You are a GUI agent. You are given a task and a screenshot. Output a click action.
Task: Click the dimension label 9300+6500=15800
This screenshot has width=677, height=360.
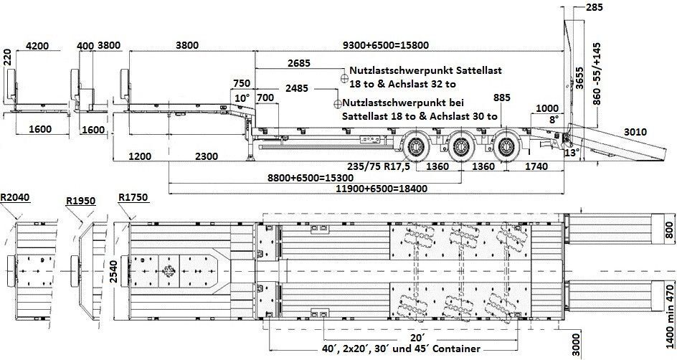coord(386,45)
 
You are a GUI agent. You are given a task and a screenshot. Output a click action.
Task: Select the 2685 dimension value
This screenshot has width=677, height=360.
coord(299,63)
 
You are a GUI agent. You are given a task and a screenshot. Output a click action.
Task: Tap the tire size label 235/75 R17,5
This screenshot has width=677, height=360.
coord(379,166)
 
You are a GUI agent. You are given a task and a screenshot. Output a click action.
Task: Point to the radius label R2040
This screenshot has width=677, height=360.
coord(15,197)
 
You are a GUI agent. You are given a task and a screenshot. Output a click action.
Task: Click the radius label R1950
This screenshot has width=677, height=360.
coord(81,201)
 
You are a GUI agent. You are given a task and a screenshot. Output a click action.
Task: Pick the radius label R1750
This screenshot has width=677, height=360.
coord(133,197)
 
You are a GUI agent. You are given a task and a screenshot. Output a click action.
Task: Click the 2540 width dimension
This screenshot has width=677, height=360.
coord(113,272)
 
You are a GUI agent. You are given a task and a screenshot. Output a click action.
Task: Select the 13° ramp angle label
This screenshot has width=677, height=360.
coord(572,152)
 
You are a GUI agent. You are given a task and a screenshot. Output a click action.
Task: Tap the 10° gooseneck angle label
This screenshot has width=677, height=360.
coord(242,98)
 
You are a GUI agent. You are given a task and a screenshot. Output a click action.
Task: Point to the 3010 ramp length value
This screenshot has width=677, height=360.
coord(635,132)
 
